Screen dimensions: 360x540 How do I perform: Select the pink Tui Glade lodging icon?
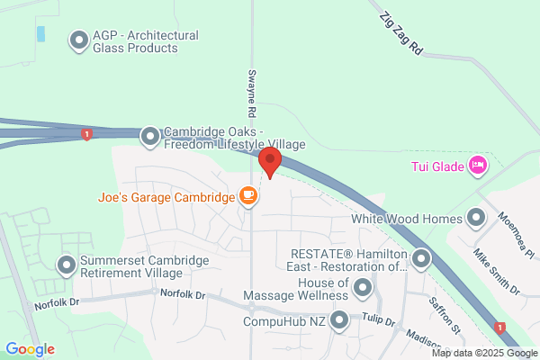[x=478, y=166]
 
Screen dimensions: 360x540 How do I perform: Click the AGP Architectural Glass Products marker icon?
[x=78, y=40]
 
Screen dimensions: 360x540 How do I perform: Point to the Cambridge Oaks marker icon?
[x=149, y=137]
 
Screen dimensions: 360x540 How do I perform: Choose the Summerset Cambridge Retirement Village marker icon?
[x=66, y=265]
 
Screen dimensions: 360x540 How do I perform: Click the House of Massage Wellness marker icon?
[x=363, y=288]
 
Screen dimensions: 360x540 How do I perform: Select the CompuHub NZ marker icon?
[x=339, y=319]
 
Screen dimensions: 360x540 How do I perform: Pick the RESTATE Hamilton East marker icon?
[x=420, y=260]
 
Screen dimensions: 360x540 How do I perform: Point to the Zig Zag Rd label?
[x=401, y=34]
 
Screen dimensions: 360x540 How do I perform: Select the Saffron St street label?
[x=445, y=312]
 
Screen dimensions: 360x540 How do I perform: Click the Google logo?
[x=30, y=349]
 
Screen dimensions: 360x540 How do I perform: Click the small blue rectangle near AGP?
[x=40, y=34]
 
